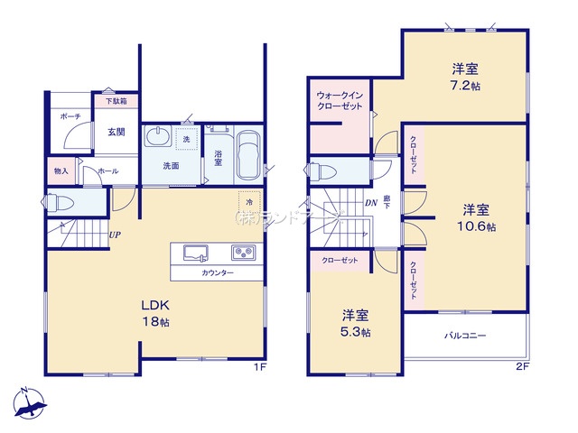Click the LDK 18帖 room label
tap(155, 311)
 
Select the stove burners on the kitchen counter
tap(244, 252)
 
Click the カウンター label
tap(218, 272)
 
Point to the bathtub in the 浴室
tap(248, 155)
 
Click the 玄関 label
tap(117, 132)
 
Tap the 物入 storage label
tap(61, 170)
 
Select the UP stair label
tap(115, 236)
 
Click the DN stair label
tap(369, 203)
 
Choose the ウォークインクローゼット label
tap(340, 101)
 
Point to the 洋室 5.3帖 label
tap(355, 323)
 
